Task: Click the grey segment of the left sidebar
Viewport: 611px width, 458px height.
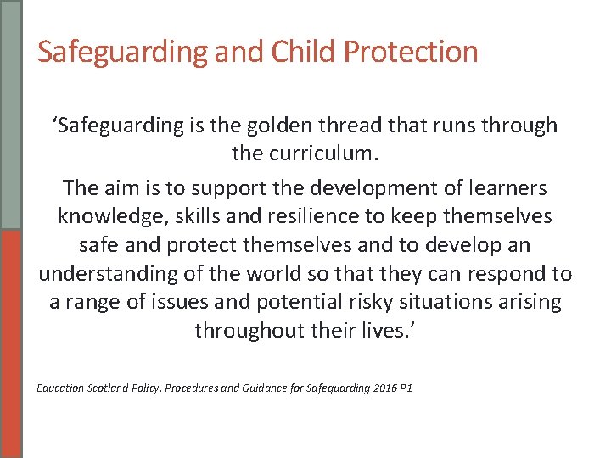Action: point(11,114)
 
